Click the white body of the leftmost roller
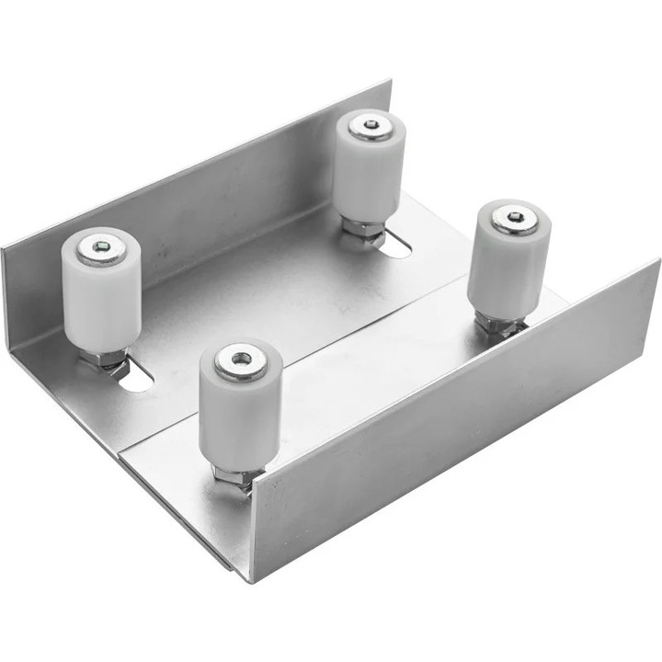[x=101, y=303]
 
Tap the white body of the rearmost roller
[x=369, y=175]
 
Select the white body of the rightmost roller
[x=508, y=267]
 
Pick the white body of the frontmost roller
[x=240, y=414]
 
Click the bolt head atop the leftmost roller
[x=99, y=248]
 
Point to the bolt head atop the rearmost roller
[x=371, y=125]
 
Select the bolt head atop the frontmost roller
[x=242, y=360]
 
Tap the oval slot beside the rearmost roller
[x=395, y=245]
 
